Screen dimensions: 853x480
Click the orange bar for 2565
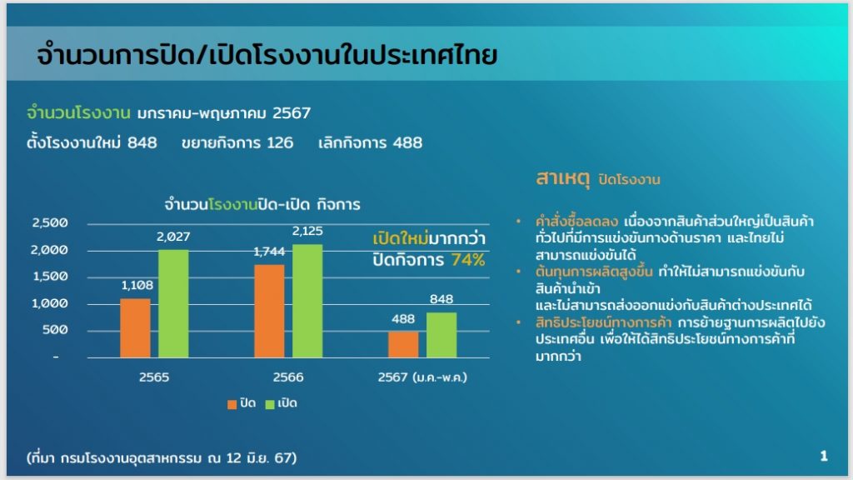[x=136, y=328]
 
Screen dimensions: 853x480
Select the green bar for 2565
[x=173, y=303]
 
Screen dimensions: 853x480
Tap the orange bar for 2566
[x=269, y=312]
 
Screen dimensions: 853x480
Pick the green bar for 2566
[x=307, y=301]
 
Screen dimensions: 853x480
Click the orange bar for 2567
[x=403, y=344]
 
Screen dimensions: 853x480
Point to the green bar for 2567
[x=441, y=335]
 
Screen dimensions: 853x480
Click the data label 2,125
[x=307, y=231]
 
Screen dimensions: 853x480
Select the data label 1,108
[x=137, y=285]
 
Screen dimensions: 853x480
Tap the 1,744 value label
[x=269, y=252]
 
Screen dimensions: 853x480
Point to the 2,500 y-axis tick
[x=50, y=222]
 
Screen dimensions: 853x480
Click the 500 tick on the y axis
[x=55, y=330]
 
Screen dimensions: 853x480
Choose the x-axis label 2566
[x=288, y=377]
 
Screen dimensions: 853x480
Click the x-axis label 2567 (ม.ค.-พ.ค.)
[x=422, y=377]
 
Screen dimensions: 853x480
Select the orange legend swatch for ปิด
[x=232, y=404]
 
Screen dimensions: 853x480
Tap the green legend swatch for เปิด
[x=270, y=404]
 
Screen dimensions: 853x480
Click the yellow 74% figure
[x=468, y=260]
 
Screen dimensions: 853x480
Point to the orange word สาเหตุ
[x=562, y=178]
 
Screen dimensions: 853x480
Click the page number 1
[x=824, y=456]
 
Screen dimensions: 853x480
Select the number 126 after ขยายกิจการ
[x=280, y=143]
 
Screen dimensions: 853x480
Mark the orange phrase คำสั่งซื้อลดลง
[x=576, y=221]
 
